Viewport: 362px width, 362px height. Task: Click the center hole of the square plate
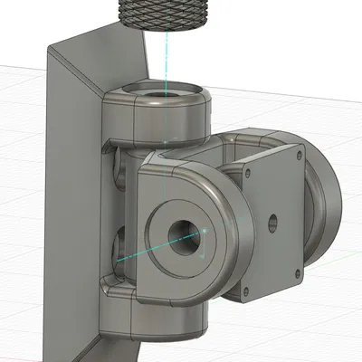pyautogui.click(x=271, y=219)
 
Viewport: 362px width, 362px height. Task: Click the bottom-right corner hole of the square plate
pyautogui.click(x=296, y=269)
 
